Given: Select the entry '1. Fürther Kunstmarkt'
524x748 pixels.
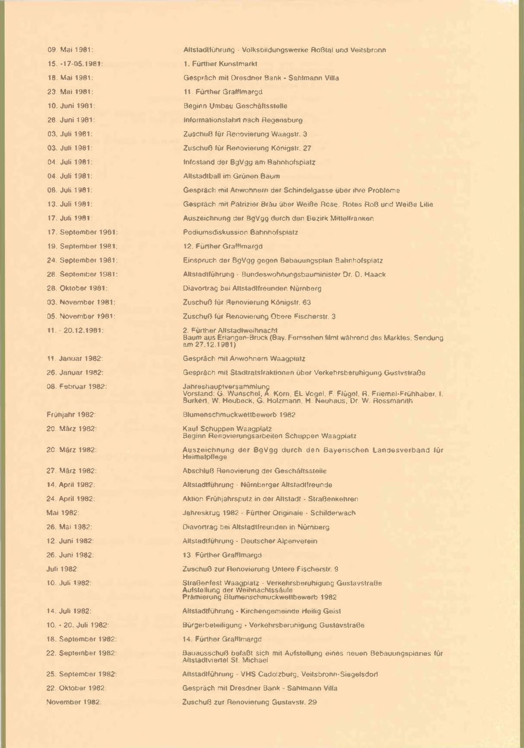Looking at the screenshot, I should (x=220, y=64).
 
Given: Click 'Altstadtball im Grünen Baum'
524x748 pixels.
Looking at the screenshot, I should (x=231, y=176).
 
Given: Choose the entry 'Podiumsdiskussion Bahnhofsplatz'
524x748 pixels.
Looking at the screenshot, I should (x=240, y=232).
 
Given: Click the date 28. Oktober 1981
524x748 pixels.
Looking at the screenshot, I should (x=77, y=288).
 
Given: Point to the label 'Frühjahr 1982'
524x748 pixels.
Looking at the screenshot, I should (x=71, y=415).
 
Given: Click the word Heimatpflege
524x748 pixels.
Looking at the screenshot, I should (x=205, y=457).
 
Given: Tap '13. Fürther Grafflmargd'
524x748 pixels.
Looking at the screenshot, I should (x=222, y=555).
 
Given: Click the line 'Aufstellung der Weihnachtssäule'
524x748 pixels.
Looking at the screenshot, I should (x=237, y=590).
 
